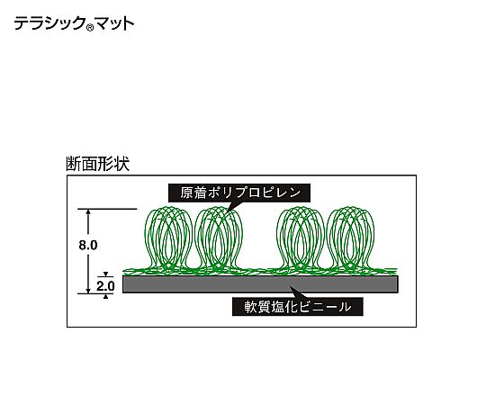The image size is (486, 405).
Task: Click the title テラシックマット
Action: point(74,23)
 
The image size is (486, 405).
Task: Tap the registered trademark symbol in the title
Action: point(90,28)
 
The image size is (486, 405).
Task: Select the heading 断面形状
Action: point(97,164)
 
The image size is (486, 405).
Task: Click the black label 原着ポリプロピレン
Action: point(239,193)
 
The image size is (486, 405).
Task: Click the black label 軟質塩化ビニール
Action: point(298,307)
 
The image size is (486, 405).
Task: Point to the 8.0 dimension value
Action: point(88,245)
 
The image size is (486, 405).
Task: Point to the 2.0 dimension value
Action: point(105,285)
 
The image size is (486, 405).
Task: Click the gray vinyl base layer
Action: point(260,284)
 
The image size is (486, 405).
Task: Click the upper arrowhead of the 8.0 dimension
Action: point(88,211)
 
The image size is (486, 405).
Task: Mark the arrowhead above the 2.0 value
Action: point(105,274)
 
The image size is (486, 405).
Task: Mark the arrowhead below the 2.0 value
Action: point(105,296)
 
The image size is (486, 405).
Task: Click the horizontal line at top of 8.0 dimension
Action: point(107,209)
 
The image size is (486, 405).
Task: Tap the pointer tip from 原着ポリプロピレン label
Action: point(227,212)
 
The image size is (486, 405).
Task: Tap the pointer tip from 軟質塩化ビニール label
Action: point(291,286)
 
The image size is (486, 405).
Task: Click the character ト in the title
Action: point(128,24)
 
